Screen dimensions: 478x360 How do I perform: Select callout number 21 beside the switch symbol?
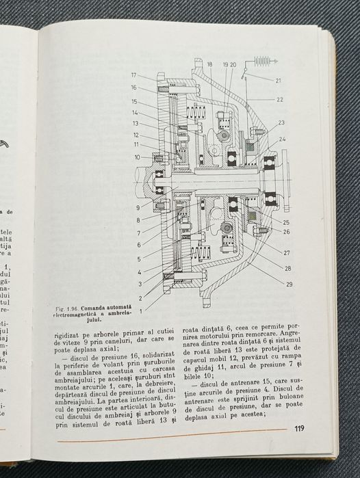tap(278, 81)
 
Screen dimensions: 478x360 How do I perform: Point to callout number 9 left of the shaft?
tap(138, 207)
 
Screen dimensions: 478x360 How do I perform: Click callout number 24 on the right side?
tap(283, 139)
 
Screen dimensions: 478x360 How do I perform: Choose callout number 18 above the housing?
tap(209, 64)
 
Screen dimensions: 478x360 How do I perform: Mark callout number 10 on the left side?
tap(137, 157)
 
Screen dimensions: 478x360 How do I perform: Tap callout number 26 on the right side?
tap(286, 231)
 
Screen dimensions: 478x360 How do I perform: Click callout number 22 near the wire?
tap(280, 100)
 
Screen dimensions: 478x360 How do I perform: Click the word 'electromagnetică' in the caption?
tap(75, 317)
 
